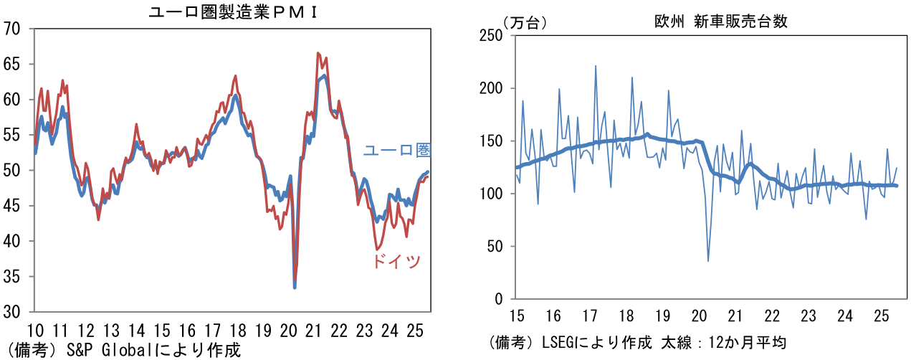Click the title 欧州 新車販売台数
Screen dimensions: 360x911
pos(721,22)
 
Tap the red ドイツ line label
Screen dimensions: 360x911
pos(396,262)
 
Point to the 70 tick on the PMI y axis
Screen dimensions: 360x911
pos(13,29)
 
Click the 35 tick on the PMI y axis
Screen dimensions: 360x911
pos(13,277)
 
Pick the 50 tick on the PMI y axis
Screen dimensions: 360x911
pos(13,171)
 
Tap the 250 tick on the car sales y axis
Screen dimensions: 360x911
pos(492,35)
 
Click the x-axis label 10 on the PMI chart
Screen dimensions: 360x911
pos(34,331)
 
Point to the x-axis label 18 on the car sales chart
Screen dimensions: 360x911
pos(626,316)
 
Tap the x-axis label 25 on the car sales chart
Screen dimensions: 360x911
pos(882,316)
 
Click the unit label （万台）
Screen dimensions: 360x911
pos(524,22)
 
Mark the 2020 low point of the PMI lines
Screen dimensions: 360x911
pos(295,287)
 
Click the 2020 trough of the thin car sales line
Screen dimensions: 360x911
pos(708,261)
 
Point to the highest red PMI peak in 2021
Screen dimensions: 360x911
pos(318,53)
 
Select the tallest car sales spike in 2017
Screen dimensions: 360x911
pos(596,66)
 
